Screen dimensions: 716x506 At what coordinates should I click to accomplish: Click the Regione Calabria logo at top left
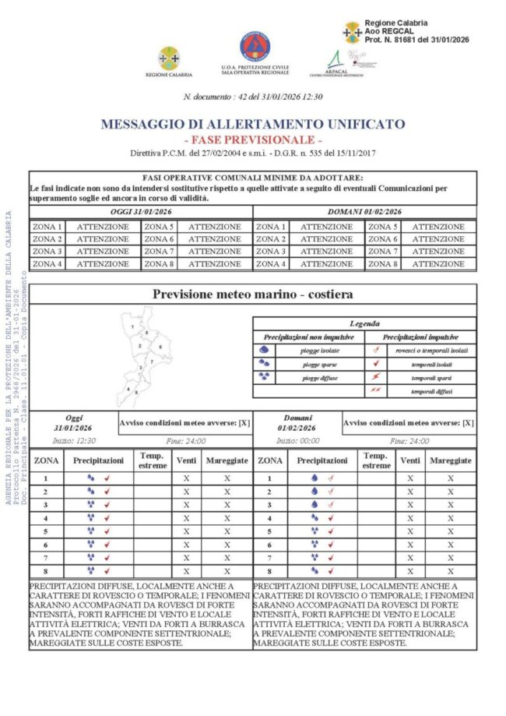168,58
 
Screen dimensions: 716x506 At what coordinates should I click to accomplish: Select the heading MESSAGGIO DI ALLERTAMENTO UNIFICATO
252,124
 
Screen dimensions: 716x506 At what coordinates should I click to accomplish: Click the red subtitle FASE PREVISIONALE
252,139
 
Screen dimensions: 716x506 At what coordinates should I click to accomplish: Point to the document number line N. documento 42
252,97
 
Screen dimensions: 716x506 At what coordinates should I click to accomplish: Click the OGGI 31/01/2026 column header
141,212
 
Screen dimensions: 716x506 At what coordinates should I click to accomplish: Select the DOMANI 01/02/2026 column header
365,212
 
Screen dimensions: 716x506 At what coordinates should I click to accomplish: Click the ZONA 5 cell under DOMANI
383,227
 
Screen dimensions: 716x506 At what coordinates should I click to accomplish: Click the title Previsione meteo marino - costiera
252,295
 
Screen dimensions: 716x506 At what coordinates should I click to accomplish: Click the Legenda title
364,323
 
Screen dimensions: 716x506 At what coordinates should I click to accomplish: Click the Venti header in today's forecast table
186,460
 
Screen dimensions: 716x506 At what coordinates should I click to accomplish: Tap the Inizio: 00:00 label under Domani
295,441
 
